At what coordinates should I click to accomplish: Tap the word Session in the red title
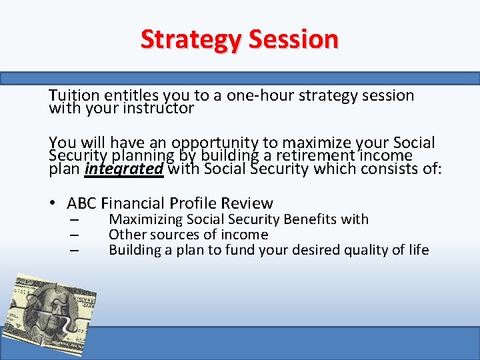(x=293, y=39)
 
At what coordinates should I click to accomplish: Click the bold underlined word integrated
(x=124, y=169)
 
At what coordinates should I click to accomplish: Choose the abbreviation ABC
(x=83, y=203)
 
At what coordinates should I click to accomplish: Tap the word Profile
(x=194, y=203)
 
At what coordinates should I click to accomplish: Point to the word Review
(x=247, y=203)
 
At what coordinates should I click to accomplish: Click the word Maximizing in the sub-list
(x=146, y=219)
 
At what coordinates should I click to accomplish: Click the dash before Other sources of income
(x=73, y=235)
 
